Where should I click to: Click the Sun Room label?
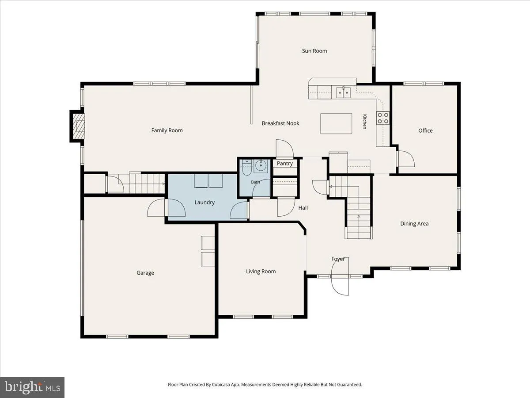pyautogui.click(x=314, y=51)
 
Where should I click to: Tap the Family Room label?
pyautogui.click(x=167, y=130)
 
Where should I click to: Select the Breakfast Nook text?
pyautogui.click(x=280, y=123)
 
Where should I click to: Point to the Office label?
pyautogui.click(x=425, y=130)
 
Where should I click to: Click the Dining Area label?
pyautogui.click(x=414, y=223)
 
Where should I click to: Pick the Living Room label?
pyautogui.click(x=261, y=272)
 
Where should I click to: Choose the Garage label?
pyautogui.click(x=145, y=273)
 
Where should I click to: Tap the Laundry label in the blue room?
pyautogui.click(x=204, y=202)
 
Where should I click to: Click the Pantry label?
pyautogui.click(x=285, y=163)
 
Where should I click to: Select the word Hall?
pyautogui.click(x=303, y=208)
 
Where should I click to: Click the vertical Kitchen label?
pyautogui.click(x=365, y=122)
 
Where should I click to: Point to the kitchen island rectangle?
pyautogui.click(x=336, y=123)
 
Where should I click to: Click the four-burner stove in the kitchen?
pyautogui.click(x=383, y=118)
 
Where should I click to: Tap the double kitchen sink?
pyautogui.click(x=343, y=92)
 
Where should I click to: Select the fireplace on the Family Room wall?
pyautogui.click(x=77, y=126)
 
